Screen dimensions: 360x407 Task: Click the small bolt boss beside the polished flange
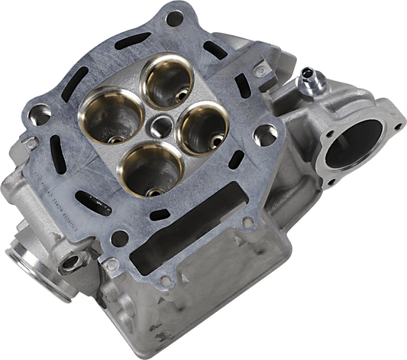click(x=73, y=263)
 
